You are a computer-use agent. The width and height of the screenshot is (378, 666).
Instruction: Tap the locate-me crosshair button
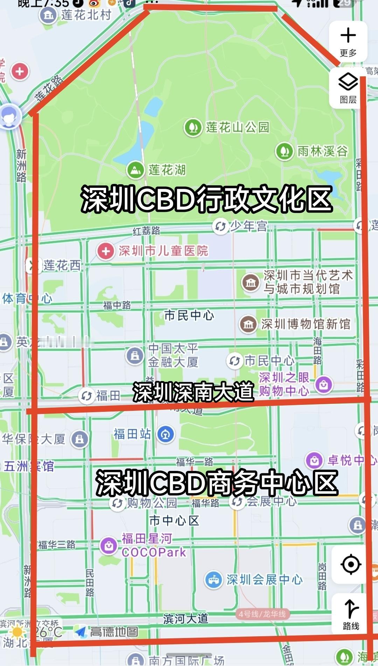tap(351, 564)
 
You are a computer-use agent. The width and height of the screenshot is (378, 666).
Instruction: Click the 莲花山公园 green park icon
tap(193, 127)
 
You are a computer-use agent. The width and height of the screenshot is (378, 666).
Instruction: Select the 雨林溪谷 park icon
tap(284, 151)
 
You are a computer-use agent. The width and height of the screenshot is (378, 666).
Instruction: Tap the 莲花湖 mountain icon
tap(135, 170)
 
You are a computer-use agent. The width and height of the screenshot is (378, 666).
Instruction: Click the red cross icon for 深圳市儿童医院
tap(106, 251)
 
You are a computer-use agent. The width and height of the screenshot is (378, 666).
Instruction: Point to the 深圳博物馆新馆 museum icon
tap(248, 324)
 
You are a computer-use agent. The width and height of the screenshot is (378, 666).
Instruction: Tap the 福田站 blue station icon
tap(166, 434)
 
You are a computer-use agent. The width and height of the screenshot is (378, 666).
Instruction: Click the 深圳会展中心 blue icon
tap(213, 580)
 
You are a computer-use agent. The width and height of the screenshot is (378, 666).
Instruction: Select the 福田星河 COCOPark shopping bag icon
tap(109, 545)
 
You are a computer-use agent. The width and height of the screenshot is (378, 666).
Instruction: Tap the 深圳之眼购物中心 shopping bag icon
tap(324, 384)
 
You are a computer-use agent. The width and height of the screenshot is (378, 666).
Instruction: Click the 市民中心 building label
tap(189, 315)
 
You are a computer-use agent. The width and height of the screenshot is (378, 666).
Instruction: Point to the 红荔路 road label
tap(146, 230)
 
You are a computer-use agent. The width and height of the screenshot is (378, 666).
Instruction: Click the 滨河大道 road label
tap(185, 619)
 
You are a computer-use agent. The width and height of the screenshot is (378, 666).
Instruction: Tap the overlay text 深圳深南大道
tap(193, 392)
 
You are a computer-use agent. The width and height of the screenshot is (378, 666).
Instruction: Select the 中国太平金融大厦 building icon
tap(135, 356)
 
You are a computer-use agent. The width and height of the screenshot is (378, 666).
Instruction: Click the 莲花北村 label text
tap(86, 15)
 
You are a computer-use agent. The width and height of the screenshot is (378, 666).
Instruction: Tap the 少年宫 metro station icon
tap(220, 226)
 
